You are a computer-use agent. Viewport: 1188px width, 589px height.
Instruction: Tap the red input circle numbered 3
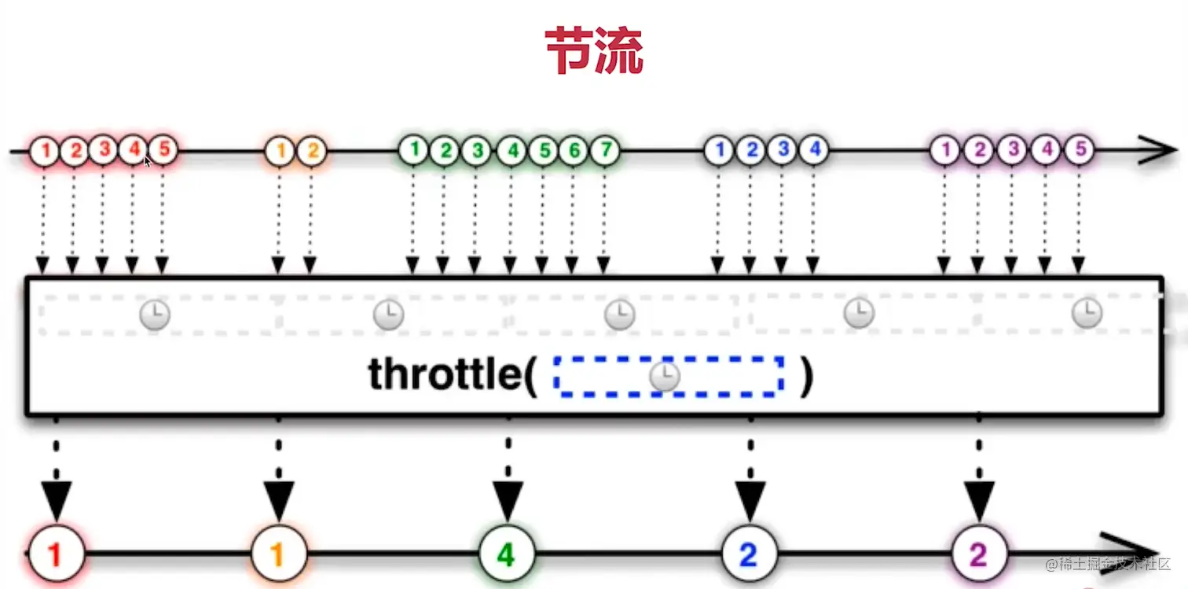tap(103, 149)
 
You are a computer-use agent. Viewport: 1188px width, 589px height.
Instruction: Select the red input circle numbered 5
tap(163, 149)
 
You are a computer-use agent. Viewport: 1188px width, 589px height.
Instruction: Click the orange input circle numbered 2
tap(312, 149)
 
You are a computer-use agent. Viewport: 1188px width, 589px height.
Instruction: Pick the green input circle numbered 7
tap(603, 149)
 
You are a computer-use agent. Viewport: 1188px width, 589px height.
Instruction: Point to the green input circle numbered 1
tap(413, 149)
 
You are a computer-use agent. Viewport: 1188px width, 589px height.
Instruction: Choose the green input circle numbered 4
tap(511, 149)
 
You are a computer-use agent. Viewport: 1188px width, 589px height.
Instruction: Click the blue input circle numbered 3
tap(782, 149)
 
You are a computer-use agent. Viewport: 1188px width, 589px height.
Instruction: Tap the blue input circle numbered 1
tap(718, 149)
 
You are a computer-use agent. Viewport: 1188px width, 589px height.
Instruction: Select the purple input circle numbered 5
tap(1080, 149)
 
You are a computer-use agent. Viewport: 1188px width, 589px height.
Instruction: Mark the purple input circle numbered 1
tap(945, 149)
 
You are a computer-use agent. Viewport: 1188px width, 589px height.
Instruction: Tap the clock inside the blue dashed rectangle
tap(665, 376)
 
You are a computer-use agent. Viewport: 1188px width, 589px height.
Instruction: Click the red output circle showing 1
tap(55, 555)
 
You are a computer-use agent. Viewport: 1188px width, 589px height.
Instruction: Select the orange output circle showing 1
tap(277, 555)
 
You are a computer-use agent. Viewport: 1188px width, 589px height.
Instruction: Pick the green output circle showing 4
tap(507, 555)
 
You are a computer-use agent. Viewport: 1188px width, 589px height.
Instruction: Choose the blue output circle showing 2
tap(749, 555)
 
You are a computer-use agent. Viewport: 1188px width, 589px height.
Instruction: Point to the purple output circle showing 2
tap(978, 555)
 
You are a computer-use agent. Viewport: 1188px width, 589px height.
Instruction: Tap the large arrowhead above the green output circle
tap(508, 500)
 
